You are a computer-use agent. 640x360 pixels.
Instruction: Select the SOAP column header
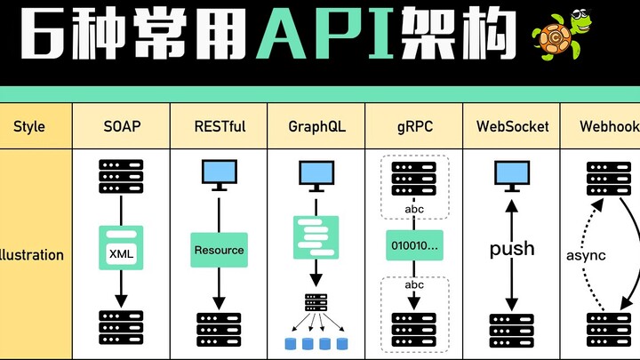click(121, 126)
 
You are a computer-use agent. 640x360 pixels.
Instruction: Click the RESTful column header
click(219, 126)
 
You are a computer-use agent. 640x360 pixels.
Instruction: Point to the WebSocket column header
click(511, 126)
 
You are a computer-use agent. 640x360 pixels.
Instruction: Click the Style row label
click(29, 126)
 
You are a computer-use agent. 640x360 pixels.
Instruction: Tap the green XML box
click(121, 252)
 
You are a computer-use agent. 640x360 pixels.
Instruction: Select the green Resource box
click(219, 250)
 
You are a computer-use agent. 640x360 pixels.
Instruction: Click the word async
click(586, 255)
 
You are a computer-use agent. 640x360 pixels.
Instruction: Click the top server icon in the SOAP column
click(121, 176)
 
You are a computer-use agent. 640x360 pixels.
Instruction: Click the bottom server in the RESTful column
click(219, 327)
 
